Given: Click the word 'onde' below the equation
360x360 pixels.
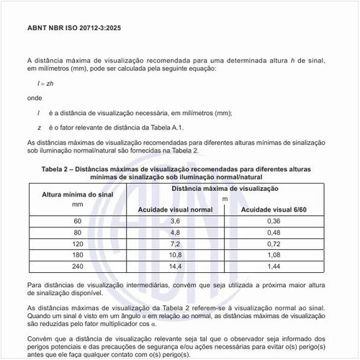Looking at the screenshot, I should click(34, 97).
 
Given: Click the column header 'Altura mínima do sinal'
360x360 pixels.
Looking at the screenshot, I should click(78, 194).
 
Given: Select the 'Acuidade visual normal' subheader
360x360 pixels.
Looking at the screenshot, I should click(175, 209).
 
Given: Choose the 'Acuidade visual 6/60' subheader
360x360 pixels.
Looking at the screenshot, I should click(274, 209).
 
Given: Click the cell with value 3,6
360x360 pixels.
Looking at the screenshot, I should click(174, 220).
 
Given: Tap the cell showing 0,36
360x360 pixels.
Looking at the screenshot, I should click(274, 220).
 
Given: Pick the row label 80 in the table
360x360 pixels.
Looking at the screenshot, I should click(78, 233).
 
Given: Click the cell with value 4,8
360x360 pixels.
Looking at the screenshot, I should click(174, 233).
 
